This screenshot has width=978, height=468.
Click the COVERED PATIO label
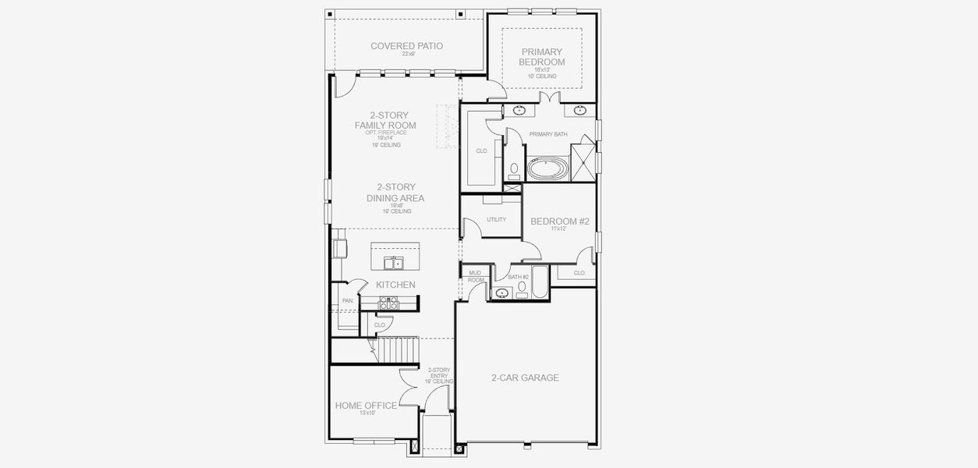(406, 46)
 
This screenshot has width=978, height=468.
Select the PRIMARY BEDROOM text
(543, 57)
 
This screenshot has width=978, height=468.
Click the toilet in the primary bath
(514, 171)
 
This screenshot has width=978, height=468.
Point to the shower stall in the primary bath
(583, 162)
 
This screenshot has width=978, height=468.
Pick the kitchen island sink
(394, 263)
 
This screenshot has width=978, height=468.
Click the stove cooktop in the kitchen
(388, 303)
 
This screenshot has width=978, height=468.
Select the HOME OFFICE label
(366, 406)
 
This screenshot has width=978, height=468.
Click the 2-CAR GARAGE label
(525, 378)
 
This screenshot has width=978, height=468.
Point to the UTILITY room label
(496, 220)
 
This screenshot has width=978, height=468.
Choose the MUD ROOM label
(476, 276)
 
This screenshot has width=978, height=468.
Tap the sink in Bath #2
(501, 293)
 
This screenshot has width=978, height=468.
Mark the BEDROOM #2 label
(560, 222)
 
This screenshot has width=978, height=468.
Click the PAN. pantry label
(347, 300)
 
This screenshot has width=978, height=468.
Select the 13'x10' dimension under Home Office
(367, 413)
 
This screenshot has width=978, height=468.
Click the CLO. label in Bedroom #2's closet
(579, 273)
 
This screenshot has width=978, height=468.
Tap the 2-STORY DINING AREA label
(395, 193)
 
